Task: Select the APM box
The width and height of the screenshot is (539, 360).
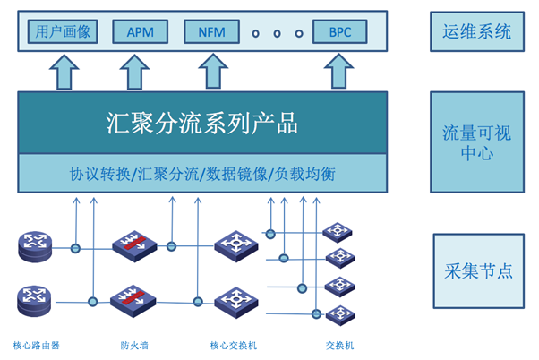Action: tap(140, 32)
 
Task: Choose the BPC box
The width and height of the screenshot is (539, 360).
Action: tap(341, 32)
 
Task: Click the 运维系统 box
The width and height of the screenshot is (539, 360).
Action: tap(477, 32)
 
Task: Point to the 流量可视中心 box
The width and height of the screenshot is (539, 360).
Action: tap(477, 142)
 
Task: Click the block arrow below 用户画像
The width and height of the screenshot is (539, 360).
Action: tap(65, 72)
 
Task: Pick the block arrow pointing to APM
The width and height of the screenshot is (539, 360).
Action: tap(135, 72)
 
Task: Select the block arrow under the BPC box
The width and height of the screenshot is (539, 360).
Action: tap(338, 72)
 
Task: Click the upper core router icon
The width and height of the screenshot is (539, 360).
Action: tap(35, 245)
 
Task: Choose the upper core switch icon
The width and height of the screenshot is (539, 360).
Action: tap(235, 244)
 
